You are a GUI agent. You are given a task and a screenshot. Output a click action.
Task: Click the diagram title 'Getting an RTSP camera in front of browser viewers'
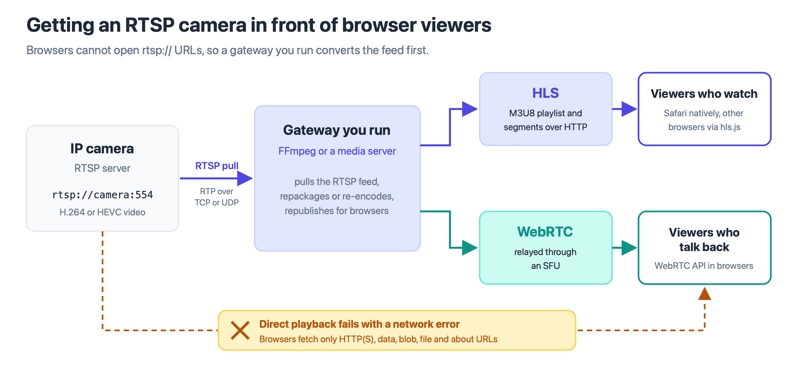(x=259, y=25)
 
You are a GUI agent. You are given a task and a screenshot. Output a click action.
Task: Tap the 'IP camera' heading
(x=102, y=149)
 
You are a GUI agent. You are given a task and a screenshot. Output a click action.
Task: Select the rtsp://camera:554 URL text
(x=103, y=195)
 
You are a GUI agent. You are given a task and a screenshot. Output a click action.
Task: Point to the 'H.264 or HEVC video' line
(x=102, y=212)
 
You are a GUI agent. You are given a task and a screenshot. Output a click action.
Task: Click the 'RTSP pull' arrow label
(x=217, y=166)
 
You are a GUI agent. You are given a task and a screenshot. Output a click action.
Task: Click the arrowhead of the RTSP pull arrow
(x=245, y=178)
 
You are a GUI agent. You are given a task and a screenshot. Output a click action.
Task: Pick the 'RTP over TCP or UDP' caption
(x=217, y=197)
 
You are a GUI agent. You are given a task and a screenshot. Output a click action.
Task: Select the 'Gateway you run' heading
(x=337, y=130)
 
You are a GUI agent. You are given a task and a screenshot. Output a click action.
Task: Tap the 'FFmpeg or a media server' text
(x=337, y=151)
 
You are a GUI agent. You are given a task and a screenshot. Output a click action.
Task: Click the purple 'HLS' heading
(x=546, y=93)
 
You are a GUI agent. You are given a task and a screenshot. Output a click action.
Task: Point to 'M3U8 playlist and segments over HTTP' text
(x=546, y=120)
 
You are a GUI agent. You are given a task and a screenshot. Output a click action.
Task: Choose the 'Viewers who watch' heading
(x=704, y=94)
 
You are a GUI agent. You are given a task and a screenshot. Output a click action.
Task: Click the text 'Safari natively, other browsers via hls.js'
(x=704, y=120)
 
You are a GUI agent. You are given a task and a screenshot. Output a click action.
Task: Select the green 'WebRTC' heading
(x=545, y=232)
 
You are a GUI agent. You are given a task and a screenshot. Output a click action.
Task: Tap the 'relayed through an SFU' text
(x=546, y=259)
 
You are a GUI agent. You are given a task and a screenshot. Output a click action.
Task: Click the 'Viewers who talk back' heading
(x=704, y=240)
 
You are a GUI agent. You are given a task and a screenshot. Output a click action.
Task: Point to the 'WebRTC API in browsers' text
(x=704, y=266)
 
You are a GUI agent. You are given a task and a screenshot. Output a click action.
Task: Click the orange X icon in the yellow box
(x=240, y=330)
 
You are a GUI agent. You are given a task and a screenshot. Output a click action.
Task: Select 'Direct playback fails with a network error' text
(x=360, y=324)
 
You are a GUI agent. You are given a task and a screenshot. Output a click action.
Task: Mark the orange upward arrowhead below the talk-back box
(x=705, y=294)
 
